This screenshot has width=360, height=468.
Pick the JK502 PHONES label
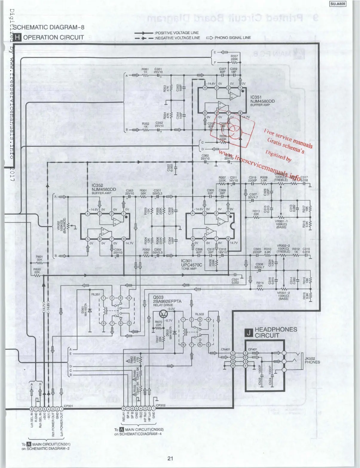pyautogui.click(x=312, y=360)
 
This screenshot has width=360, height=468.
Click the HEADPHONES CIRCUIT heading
pyautogui.click(x=276, y=332)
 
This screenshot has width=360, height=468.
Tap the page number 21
pyautogui.click(x=170, y=458)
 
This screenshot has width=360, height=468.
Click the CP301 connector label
pyautogui.click(x=69, y=406)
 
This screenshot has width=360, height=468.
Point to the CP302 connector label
pyautogui.click(x=161, y=405)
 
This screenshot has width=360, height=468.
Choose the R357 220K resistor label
pyautogui.click(x=234, y=57)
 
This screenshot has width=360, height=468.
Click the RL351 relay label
pyautogui.click(x=96, y=294)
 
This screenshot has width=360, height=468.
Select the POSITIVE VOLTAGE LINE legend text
pyautogui.click(x=177, y=33)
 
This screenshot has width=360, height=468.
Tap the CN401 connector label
pyautogui.click(x=226, y=349)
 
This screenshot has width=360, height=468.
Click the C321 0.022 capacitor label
pyautogui.click(x=235, y=281)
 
